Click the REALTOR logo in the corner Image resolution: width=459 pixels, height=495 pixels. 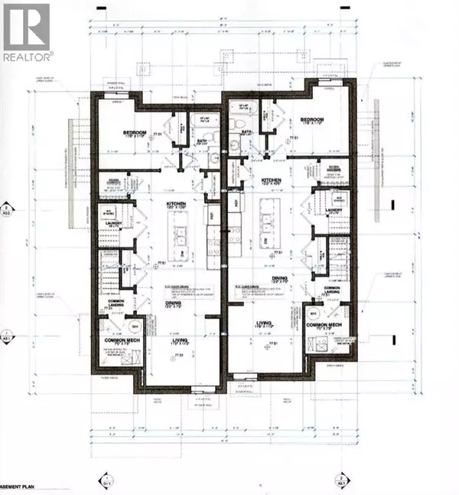pyautogui.click(x=28, y=32)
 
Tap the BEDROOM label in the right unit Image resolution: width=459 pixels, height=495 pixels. pyautogui.click(x=314, y=120)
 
